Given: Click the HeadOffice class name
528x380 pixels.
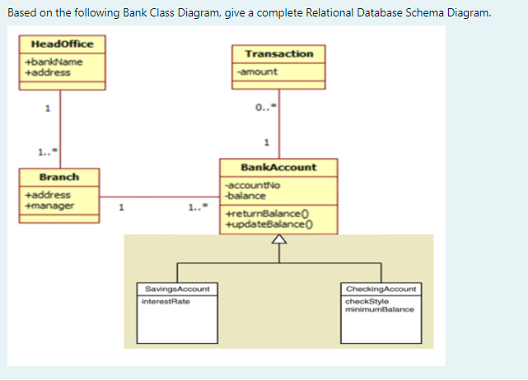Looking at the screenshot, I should coord(62,44).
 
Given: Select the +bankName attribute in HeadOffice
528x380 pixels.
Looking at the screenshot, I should coord(54,62).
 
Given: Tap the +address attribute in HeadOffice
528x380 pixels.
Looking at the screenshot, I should coord(48,72).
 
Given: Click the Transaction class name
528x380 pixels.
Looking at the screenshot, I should coord(278,53).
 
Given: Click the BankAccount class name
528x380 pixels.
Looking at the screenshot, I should coord(278,167).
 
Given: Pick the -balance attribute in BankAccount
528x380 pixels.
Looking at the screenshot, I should coord(245,195).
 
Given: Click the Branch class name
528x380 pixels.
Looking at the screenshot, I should coord(59,177).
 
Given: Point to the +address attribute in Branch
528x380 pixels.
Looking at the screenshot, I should coord(48,195).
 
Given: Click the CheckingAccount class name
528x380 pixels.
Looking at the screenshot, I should coord(381,290).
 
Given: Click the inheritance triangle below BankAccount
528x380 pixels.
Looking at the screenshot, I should coord(278,240).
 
